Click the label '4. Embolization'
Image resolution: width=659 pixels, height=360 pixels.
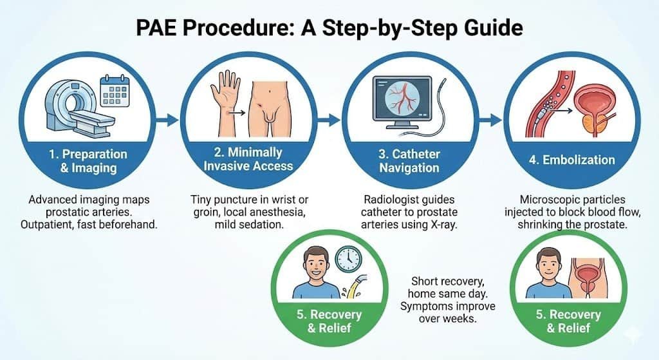[x=576, y=160]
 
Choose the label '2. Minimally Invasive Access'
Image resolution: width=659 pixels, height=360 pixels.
[x=248, y=159]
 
